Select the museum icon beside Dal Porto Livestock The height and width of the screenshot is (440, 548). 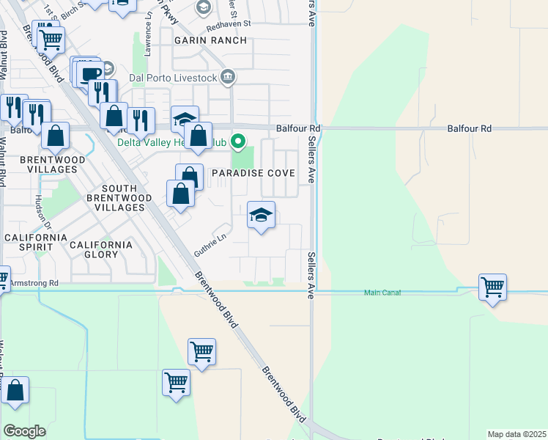pyautogui.click(x=228, y=76)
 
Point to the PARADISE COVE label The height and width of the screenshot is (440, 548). pyautogui.click(x=253, y=173)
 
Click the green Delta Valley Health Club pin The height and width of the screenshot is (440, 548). pyautogui.click(x=237, y=141)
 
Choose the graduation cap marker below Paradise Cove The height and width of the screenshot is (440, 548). pyautogui.click(x=261, y=216)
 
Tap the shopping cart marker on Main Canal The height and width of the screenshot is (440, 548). pyautogui.click(x=492, y=287)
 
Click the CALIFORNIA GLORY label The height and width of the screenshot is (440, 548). pyautogui.click(x=101, y=249)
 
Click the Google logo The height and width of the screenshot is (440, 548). pyautogui.click(x=24, y=430)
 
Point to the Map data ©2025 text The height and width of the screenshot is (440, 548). pyautogui.click(x=517, y=434)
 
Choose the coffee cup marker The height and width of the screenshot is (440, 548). pyautogui.click(x=92, y=74)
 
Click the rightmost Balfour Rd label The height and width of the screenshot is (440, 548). pyautogui.click(x=470, y=128)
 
